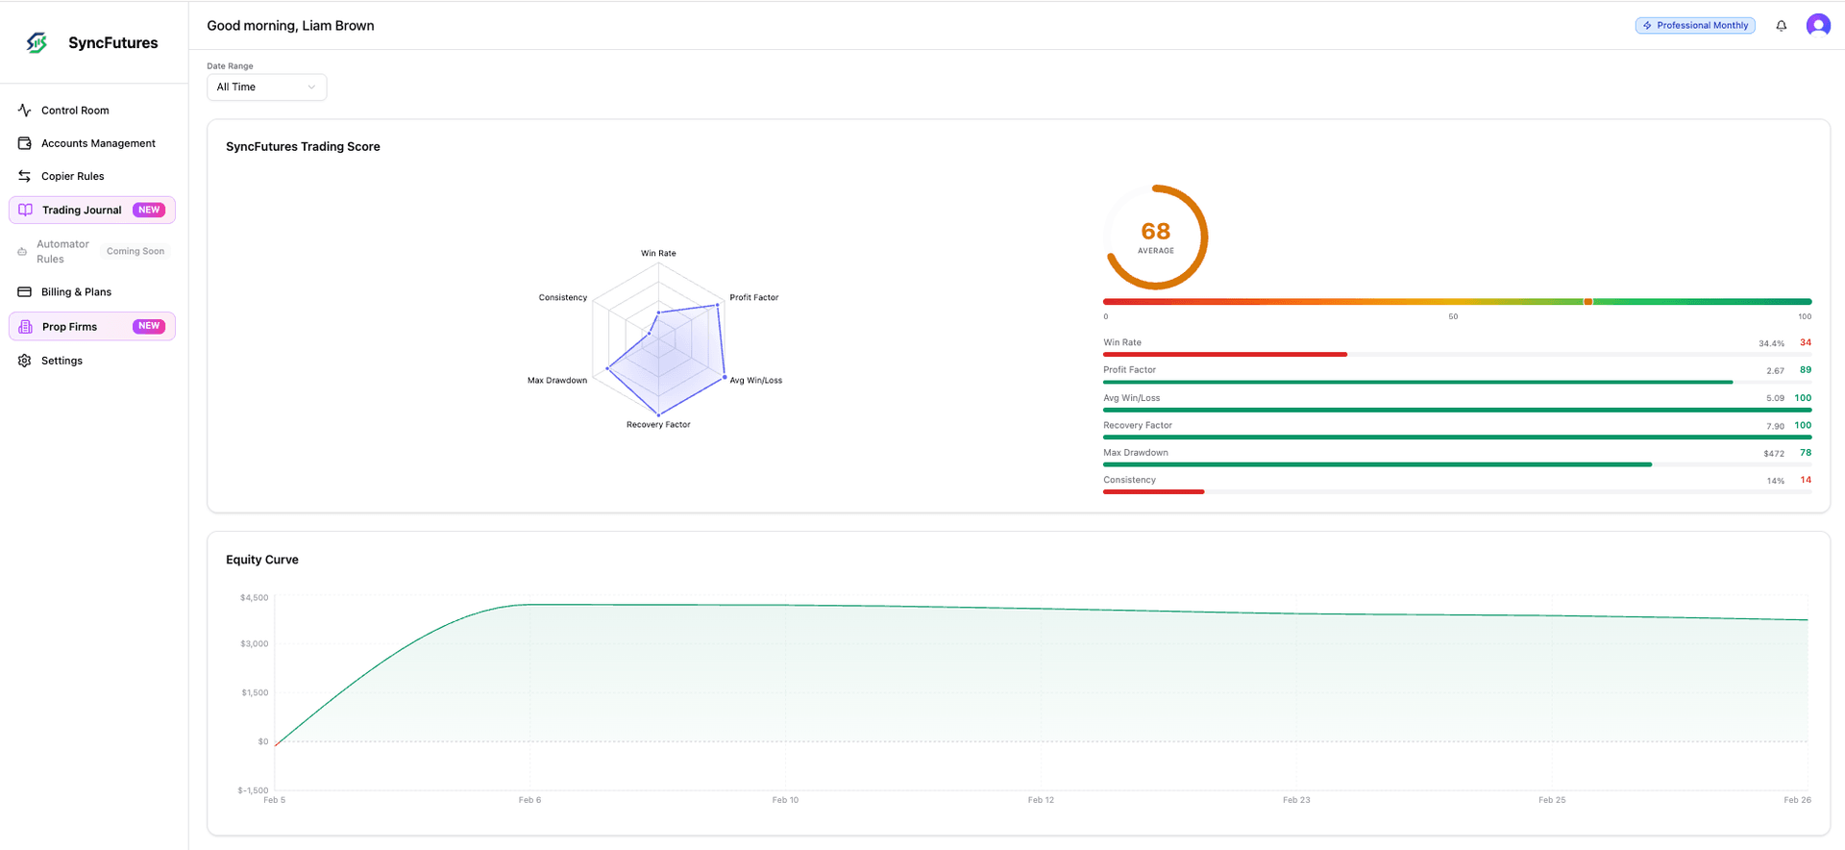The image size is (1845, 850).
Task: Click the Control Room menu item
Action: [75, 111]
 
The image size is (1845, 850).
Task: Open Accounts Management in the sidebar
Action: [97, 143]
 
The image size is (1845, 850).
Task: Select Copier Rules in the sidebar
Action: [72, 176]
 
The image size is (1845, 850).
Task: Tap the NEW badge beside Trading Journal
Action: [149, 210]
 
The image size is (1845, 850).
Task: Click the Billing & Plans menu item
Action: [76, 292]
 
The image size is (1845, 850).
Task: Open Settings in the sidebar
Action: [61, 361]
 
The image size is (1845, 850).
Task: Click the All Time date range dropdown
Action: [266, 87]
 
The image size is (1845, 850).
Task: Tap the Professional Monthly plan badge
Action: [1695, 26]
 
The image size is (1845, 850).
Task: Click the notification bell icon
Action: [1781, 26]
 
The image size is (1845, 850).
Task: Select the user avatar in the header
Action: [1818, 26]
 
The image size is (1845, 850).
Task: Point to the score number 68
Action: [1155, 232]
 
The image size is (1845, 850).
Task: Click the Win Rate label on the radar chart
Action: [658, 254]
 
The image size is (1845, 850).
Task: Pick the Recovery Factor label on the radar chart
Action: [658, 425]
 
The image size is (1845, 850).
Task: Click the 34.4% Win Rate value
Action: [1771, 343]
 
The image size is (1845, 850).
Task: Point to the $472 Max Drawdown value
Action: [1774, 454]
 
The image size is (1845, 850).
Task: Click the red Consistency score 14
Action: [1806, 480]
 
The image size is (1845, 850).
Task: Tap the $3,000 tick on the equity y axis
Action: [255, 644]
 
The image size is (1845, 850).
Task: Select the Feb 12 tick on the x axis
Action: [1041, 800]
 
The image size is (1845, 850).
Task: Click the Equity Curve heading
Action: [262, 560]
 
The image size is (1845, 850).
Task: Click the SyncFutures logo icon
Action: [37, 42]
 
